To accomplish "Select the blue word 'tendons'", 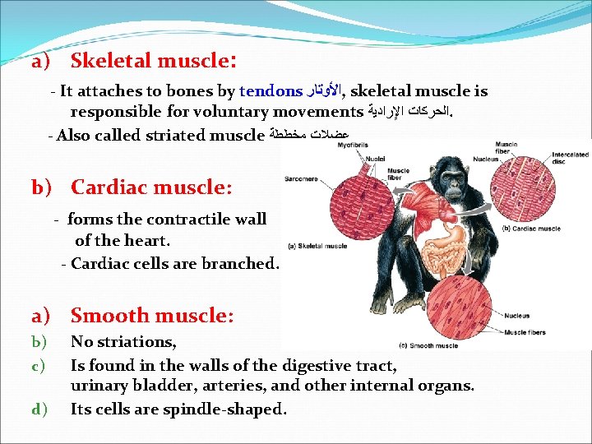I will coord(271,91).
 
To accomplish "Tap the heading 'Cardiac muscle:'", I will coord(151,187).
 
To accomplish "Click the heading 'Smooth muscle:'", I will coord(152,315).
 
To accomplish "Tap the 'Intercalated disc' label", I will coord(571,158).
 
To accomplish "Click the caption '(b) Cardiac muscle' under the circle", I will coord(530,228).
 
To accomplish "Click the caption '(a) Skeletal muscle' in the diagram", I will coord(317,245).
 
